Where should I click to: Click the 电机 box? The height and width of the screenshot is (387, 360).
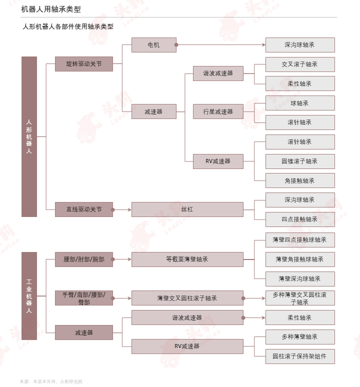[153, 45]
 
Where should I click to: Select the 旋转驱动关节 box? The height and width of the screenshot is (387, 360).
[84, 64]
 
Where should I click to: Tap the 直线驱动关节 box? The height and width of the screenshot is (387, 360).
[84, 209]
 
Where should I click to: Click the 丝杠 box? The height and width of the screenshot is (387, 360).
[187, 209]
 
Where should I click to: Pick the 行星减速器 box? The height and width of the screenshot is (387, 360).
[218, 111]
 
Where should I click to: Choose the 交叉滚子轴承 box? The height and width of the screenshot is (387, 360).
[300, 64]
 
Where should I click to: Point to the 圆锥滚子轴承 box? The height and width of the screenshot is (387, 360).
[300, 161]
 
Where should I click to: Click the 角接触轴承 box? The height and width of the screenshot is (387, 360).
[300, 180]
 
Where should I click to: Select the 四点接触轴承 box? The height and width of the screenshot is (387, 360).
[300, 219]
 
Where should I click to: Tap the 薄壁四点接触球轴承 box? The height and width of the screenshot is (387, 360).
[300, 240]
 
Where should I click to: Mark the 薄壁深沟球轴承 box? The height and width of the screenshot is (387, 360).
[300, 279]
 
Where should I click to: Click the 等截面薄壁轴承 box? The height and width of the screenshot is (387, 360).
[187, 259]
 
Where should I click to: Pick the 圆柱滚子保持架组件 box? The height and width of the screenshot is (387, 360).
[300, 356]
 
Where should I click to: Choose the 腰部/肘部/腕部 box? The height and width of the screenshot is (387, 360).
[84, 259]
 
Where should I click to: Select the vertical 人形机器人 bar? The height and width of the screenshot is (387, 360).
[29, 136]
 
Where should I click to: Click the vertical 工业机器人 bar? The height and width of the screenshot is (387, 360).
[29, 296]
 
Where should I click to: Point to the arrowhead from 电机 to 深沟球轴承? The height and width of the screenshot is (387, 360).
[264, 45]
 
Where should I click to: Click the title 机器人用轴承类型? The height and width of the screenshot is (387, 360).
[51, 9]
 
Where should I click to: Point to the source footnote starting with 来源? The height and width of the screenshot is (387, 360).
[51, 381]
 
